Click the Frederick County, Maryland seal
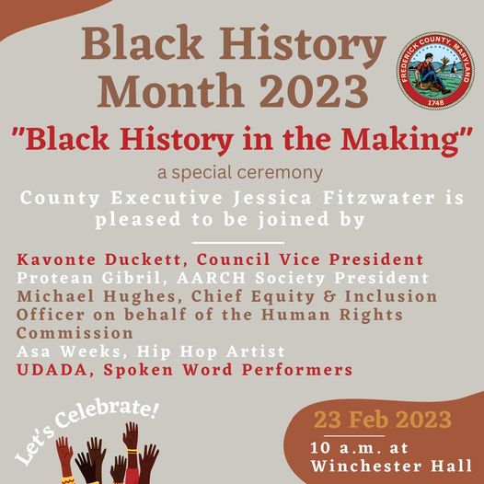pyautogui.click(x=435, y=70)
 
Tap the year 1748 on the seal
pyautogui.click(x=435, y=102)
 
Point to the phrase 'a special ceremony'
pyautogui.click(x=240, y=172)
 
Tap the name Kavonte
pyautogui.click(x=56, y=259)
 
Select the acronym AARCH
pyautogui.click(x=212, y=278)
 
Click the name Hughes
pyautogui.click(x=140, y=297)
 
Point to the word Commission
pyautogui.click(x=75, y=333)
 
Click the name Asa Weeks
pyautogui.click(x=68, y=351)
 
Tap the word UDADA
pyautogui.click(x=52, y=370)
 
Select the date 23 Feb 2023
pyautogui.click(x=383, y=420)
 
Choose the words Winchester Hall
pyautogui.click(x=391, y=466)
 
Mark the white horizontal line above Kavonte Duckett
pyautogui.click(x=238, y=243)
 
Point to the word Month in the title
pyautogui.click(x=170, y=91)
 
